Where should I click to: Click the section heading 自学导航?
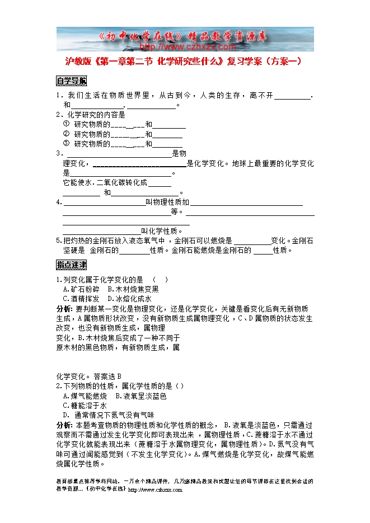(71, 80)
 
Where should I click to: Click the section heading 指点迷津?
(71, 264)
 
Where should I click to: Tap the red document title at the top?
(184, 62)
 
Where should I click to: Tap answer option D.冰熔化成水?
(129, 299)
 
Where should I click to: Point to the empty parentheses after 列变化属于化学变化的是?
(160, 279)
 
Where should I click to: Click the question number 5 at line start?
(59, 241)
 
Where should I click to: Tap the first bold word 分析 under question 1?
(64, 308)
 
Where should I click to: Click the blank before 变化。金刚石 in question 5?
(252, 241)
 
